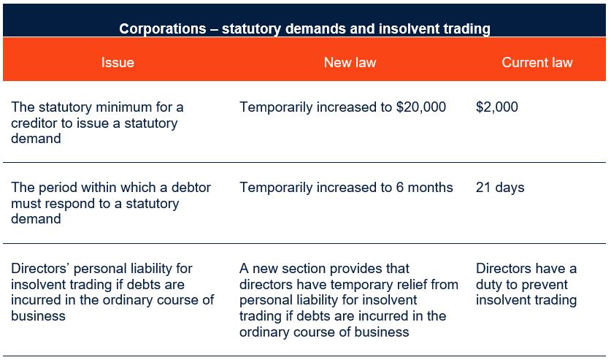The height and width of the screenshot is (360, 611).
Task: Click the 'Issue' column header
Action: (x=118, y=62)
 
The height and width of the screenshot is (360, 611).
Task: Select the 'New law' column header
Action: (x=350, y=62)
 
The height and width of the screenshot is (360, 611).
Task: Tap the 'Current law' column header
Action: (x=537, y=62)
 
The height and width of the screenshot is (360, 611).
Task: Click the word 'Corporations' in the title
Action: (x=163, y=28)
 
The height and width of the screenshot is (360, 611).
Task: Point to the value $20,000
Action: (x=421, y=107)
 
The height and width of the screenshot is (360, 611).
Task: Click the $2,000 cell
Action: (x=497, y=107)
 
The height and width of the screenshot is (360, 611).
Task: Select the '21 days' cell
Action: (x=500, y=188)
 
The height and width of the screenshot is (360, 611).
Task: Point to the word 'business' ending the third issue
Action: (x=38, y=316)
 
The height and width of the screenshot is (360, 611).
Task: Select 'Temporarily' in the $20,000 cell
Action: (x=276, y=107)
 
